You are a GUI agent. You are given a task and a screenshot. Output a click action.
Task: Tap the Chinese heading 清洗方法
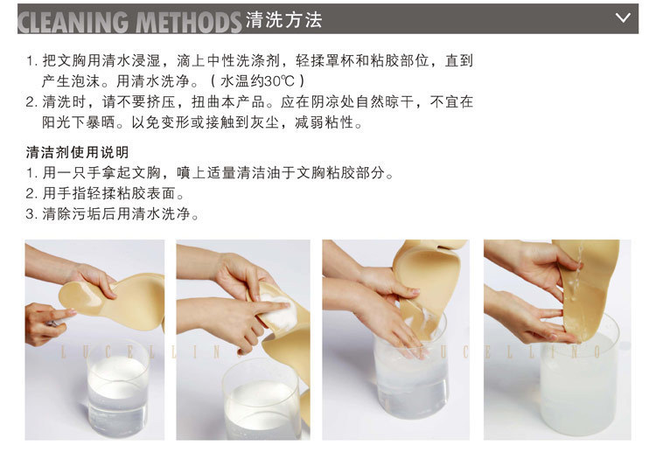(x=285, y=18)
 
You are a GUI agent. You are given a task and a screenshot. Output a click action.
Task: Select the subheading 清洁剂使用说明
(x=77, y=153)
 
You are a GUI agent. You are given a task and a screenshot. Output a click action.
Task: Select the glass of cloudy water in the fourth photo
(x=577, y=385)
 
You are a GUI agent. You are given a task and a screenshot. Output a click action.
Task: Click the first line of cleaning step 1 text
(x=249, y=61)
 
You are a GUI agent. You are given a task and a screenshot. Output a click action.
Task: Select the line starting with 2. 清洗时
(x=249, y=102)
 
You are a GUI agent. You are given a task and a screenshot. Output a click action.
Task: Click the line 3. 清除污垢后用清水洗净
(x=112, y=214)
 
